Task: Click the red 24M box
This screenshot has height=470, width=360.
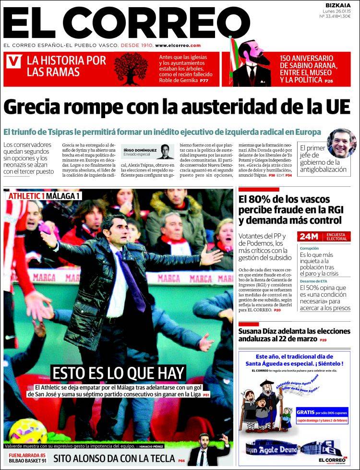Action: click(308, 236)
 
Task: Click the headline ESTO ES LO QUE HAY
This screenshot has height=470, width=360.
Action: click(118, 373)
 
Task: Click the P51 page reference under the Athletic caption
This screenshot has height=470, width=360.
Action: click(206, 395)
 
